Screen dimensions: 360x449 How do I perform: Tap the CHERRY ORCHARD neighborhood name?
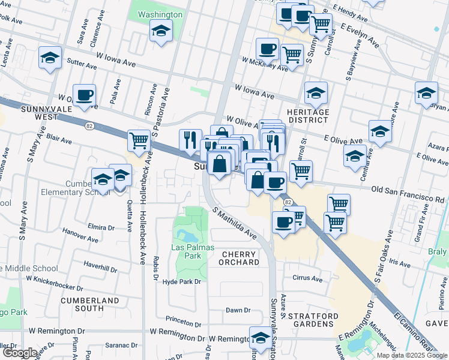(239, 259)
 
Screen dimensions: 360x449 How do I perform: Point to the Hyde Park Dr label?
(180, 281)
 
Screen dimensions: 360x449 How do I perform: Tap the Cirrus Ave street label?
(307, 279)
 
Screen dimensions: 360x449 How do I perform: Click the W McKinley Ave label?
(265, 63)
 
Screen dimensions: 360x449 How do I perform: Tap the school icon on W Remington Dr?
(261, 337)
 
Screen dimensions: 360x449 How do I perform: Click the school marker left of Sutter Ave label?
(50, 58)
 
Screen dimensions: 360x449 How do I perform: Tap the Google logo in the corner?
(20, 353)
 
